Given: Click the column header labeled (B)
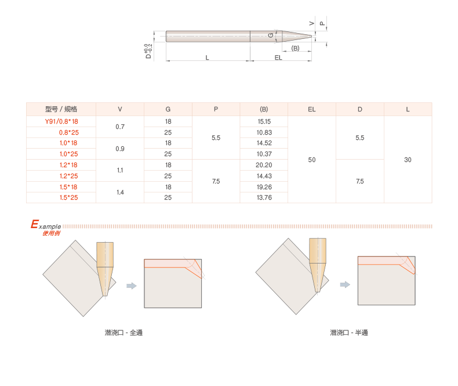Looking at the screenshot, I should point(264,109).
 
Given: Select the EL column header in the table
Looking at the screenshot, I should point(311,109).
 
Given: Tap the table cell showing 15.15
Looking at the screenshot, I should point(264,121).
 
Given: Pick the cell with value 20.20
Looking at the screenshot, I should point(264,165).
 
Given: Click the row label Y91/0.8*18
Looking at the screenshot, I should point(61,121).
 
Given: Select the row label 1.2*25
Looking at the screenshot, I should point(68,176).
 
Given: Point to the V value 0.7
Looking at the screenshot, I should point(120,127).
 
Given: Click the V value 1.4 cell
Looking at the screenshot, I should point(120,192).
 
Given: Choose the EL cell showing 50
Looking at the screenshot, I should point(311,160).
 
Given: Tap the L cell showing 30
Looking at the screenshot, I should point(408,160).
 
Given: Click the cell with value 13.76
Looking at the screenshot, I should point(264,197).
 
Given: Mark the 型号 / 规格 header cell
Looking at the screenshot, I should point(61,109).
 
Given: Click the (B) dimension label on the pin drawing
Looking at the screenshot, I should point(295,48).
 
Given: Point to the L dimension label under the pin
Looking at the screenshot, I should point(208,57).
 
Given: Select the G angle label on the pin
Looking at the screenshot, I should point(271,35).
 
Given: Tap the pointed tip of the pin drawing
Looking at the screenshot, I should point(312,36).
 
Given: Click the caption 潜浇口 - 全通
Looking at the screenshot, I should point(123,333).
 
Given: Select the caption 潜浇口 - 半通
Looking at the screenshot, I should point(349,333).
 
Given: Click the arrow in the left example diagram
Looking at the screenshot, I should point(132,285).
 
